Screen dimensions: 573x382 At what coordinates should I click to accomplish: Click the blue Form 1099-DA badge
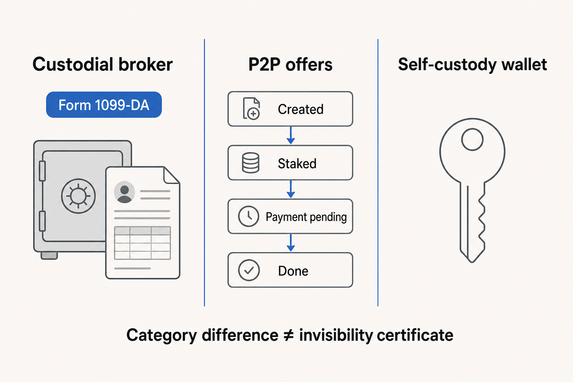[x=104, y=105]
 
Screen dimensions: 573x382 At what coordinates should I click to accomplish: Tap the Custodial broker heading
[x=103, y=64]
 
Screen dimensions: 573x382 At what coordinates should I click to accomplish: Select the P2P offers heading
[x=290, y=64]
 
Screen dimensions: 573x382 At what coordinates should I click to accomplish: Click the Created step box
[x=290, y=109]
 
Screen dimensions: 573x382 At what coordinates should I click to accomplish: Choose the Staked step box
[x=290, y=163]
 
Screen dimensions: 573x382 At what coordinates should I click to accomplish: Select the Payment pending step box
[x=290, y=216]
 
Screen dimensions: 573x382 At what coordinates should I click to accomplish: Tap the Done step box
[x=290, y=270]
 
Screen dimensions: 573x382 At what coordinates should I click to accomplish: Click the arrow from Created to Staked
[x=291, y=136]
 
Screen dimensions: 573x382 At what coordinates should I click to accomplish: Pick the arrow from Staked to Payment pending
[x=291, y=190]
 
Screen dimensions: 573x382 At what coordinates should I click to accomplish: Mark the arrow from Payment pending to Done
[x=291, y=243]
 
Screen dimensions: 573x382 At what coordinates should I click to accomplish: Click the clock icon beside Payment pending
[x=248, y=216]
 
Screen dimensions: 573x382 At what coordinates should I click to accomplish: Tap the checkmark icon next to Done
[x=249, y=270]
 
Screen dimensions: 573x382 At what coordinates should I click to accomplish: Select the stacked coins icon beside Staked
[x=251, y=163]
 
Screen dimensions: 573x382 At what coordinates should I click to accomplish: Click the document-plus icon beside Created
[x=251, y=109]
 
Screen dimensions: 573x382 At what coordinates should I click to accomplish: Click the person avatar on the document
[x=125, y=192]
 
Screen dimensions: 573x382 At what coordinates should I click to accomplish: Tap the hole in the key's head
[x=472, y=140]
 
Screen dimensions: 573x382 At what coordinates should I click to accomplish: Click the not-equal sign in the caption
[x=288, y=335]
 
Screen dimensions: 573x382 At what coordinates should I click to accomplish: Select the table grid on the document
[x=143, y=243]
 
